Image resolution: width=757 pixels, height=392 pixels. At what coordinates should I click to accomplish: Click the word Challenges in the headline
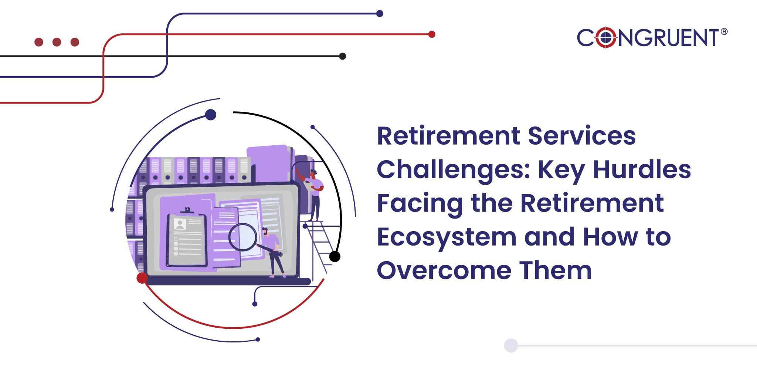point(454,170)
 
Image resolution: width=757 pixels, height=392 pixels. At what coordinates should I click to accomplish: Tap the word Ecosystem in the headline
point(447,237)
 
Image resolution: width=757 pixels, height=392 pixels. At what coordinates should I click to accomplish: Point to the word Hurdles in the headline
point(642,169)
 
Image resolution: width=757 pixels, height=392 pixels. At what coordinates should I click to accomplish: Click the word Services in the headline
point(582,136)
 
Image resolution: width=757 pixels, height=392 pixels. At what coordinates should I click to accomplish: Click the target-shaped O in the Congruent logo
point(606,37)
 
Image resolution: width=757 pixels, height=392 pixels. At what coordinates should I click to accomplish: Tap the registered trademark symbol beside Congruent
point(724,32)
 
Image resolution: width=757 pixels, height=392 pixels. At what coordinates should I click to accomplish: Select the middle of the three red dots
point(57,42)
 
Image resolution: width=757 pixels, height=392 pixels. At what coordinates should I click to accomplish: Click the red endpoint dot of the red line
point(432,34)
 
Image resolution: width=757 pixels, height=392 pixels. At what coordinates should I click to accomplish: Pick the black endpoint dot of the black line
point(343,56)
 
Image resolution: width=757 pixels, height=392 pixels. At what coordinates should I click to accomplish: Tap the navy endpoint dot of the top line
point(380,14)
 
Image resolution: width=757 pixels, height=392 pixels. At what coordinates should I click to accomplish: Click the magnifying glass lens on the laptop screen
point(242,237)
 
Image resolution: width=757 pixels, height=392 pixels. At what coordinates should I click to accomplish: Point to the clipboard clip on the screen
point(187,211)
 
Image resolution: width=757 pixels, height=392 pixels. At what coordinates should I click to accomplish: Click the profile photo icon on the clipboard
point(180,224)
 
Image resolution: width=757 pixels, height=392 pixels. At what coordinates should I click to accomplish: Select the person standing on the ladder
point(313,195)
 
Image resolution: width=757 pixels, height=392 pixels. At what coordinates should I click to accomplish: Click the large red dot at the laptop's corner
point(142,278)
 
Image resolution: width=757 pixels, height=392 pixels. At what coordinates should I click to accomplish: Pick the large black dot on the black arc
point(335,256)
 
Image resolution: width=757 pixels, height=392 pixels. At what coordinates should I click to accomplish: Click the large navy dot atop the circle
point(211,115)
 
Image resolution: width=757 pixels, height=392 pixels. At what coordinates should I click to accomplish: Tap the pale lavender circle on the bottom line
point(511,345)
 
